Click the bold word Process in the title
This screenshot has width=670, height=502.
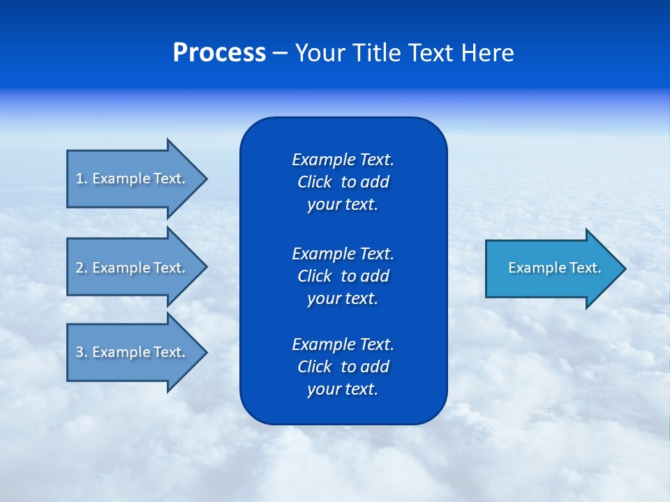(x=219, y=53)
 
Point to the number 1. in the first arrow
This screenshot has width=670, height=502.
(x=81, y=178)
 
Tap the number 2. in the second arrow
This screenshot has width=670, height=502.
(x=81, y=268)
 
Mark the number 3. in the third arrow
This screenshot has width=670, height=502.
(x=81, y=352)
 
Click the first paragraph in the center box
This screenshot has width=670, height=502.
(x=343, y=182)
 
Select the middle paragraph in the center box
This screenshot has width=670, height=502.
(x=343, y=276)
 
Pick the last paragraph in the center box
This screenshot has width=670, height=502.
(x=343, y=367)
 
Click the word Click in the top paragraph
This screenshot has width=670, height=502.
(x=314, y=182)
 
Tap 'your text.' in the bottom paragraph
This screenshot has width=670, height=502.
(x=343, y=389)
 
